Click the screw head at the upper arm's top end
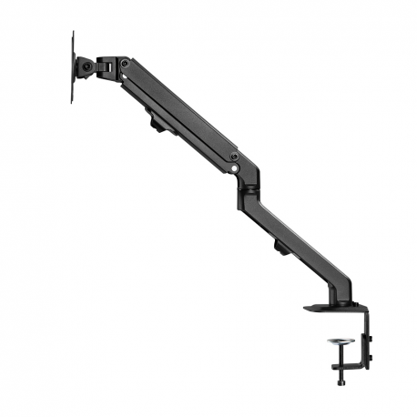(x=125, y=64)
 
